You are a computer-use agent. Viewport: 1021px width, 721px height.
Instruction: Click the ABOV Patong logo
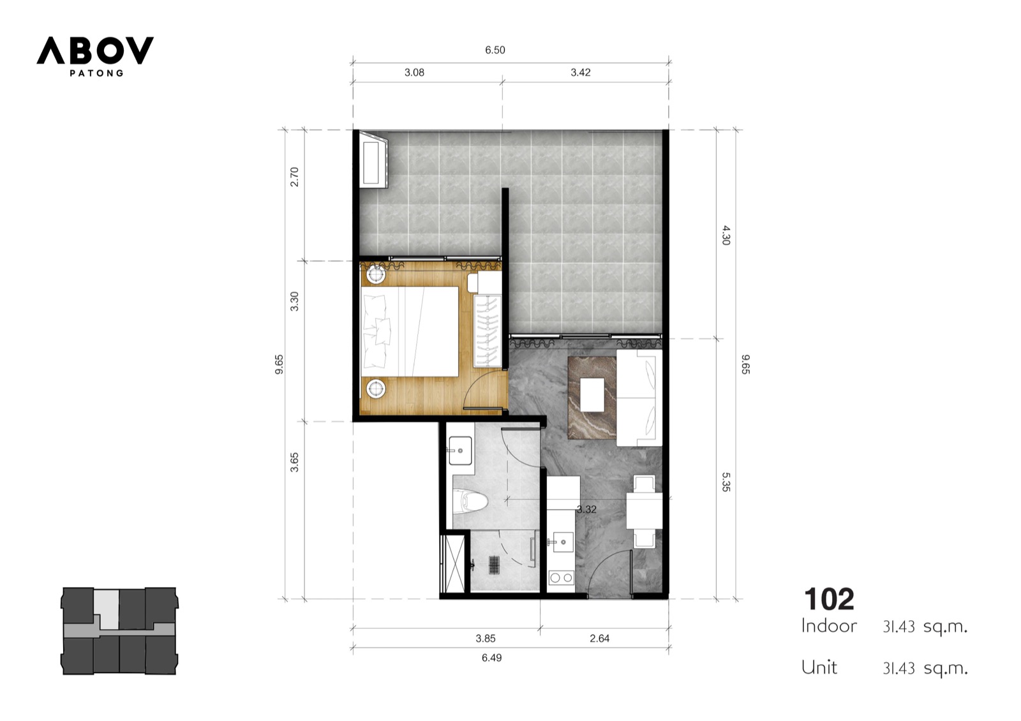point(95,56)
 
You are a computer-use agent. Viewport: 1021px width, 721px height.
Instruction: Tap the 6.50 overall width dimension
point(495,50)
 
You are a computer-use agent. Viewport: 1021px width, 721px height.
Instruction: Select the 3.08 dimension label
point(414,73)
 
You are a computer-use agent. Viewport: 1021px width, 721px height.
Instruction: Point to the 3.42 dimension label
point(581,73)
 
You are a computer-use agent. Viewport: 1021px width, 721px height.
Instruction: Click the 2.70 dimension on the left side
point(295,177)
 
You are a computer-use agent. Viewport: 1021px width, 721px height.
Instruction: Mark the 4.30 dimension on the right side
point(726,235)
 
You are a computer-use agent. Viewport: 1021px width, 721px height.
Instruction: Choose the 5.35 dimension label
point(726,482)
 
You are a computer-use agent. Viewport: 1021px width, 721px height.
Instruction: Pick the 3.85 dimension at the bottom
point(486,639)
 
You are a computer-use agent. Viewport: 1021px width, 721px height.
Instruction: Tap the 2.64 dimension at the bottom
point(599,639)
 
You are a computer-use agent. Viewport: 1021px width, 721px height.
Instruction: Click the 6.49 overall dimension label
point(491,658)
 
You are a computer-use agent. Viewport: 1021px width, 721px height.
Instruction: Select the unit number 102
point(829,599)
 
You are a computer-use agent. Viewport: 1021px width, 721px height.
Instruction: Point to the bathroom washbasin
point(460,450)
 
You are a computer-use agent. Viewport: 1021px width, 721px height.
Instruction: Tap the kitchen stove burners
point(561,578)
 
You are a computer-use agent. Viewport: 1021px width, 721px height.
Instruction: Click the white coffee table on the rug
point(592,395)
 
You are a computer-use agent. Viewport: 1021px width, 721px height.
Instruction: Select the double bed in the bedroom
point(409,331)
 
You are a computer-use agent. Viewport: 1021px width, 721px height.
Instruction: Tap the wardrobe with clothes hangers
point(488,331)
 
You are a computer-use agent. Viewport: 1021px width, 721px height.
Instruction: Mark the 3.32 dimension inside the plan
point(586,510)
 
